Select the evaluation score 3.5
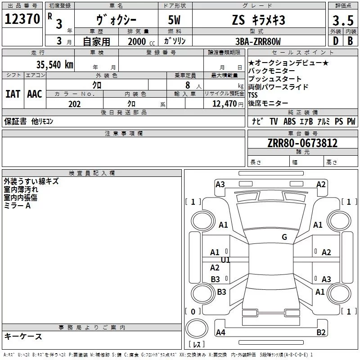coord(342,21)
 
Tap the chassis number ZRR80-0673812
coord(302,143)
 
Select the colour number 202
coord(75,104)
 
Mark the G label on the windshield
coord(284,237)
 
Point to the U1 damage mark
coord(225,260)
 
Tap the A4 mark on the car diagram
coord(220,333)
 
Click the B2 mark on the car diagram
coord(321,333)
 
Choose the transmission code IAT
coord(13,94)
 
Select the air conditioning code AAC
coord(34,94)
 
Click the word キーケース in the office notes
coord(23,336)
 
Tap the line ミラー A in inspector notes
coord(17,206)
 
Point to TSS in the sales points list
coord(253,95)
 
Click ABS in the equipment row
coord(289,121)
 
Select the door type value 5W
coord(175,20)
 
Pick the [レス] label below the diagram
coord(197,345)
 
